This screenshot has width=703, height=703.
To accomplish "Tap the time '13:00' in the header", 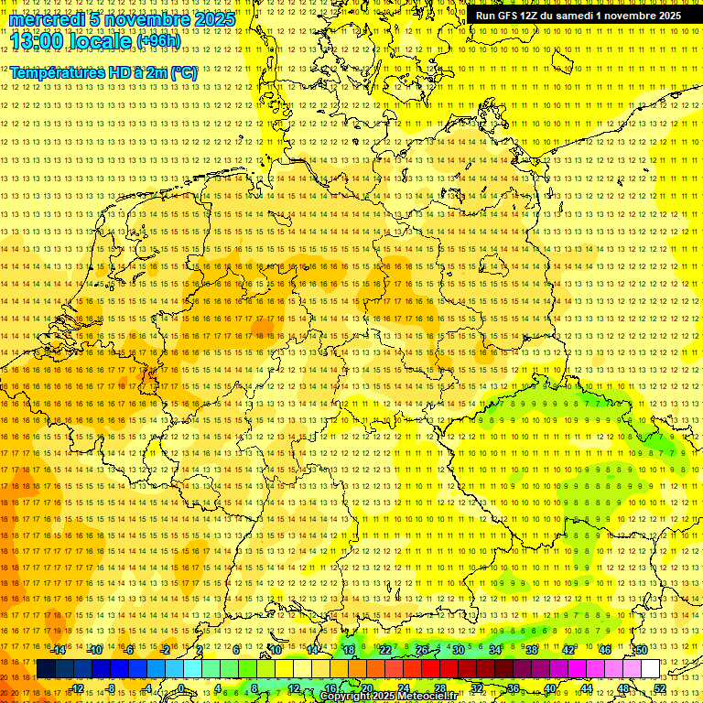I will pyautogui.click(x=37, y=41).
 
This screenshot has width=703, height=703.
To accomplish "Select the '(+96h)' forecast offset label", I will pyautogui.click(x=158, y=41).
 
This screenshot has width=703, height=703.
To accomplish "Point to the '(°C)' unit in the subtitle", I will pyautogui.click(x=184, y=72).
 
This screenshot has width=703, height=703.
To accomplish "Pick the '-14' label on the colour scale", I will pyautogui.click(x=58, y=650).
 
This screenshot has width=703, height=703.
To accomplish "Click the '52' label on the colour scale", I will pyautogui.click(x=660, y=688).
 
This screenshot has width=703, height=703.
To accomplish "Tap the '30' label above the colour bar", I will pyautogui.click(x=458, y=650).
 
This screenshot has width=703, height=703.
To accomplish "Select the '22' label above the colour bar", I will pyautogui.click(x=385, y=650).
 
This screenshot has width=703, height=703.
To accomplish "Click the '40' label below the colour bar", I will pyautogui.click(x=550, y=688).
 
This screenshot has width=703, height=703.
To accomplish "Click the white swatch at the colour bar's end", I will pyautogui.click(x=650, y=669).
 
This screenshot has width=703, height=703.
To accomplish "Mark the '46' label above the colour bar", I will pyautogui.click(x=604, y=650).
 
